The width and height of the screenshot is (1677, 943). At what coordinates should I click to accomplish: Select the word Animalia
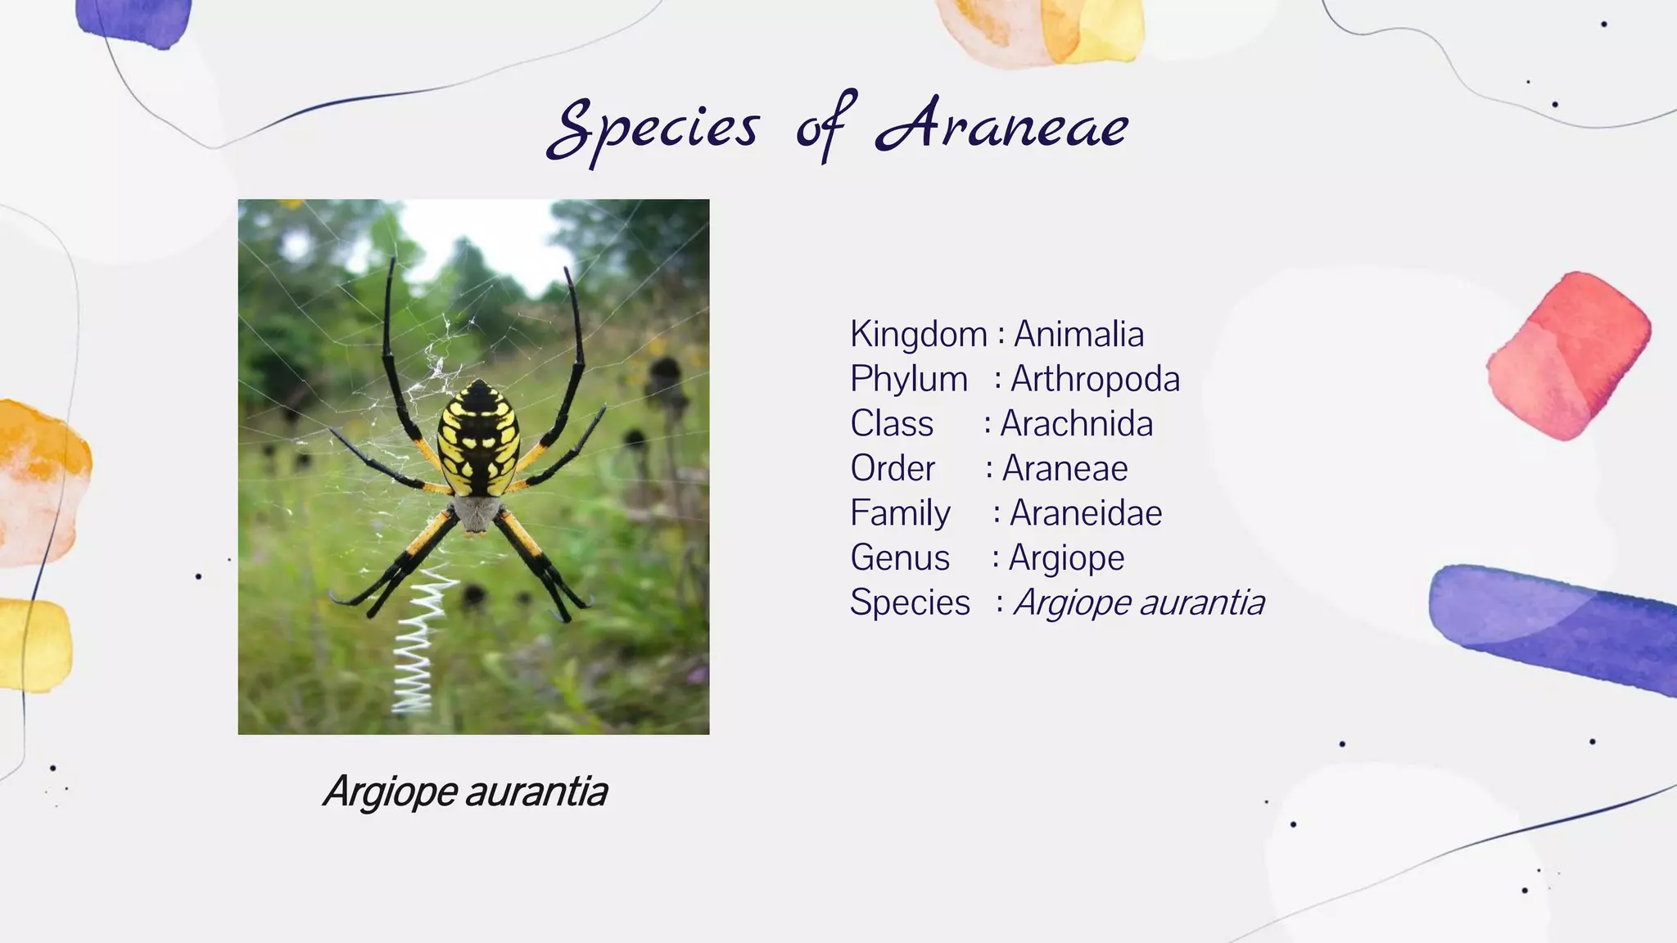[1078, 334]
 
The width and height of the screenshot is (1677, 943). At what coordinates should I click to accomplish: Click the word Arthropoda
[1095, 379]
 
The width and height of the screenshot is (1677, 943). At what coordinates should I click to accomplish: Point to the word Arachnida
[1076, 424]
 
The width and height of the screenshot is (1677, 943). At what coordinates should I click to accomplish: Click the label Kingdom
[918, 334]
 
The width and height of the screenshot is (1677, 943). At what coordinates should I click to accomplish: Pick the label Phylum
[908, 379]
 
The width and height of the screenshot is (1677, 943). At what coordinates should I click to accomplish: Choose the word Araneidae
[1085, 513]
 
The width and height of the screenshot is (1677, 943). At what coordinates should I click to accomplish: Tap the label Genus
[899, 558]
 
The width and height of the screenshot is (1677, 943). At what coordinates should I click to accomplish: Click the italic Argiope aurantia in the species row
[1138, 602]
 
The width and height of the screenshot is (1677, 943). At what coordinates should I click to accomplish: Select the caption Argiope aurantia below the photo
[465, 792]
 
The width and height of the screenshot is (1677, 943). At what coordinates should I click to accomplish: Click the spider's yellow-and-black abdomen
[478, 438]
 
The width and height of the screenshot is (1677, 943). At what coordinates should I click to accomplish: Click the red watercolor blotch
[1567, 357]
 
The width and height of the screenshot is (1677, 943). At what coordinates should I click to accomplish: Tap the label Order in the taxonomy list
[892, 469]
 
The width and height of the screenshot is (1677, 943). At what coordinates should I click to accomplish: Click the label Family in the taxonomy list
[899, 513]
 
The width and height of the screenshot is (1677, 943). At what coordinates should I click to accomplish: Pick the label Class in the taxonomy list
[891, 424]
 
